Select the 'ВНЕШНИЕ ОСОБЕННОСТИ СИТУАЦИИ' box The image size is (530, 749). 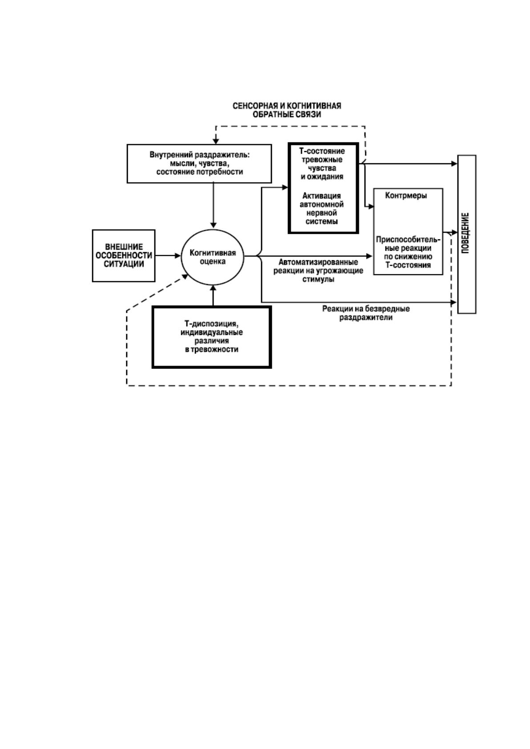123,256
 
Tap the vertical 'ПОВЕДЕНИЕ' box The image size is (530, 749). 467,234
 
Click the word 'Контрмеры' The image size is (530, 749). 406,196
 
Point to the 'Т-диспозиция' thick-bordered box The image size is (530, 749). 212,338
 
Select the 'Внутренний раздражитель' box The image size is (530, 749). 199,164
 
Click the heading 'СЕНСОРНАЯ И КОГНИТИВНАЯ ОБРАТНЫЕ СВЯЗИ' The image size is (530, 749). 287,110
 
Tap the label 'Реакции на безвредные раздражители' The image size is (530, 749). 366,313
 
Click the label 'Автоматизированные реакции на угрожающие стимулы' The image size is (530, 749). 318,270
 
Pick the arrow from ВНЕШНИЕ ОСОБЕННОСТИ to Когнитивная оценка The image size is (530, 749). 168,256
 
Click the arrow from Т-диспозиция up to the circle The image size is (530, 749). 213,296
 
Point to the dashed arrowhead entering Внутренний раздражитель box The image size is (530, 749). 216,141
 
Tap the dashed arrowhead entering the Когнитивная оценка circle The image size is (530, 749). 185,277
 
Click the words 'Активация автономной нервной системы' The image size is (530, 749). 322,209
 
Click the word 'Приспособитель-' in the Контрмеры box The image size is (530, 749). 408,240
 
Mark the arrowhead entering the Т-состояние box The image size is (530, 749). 285,188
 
